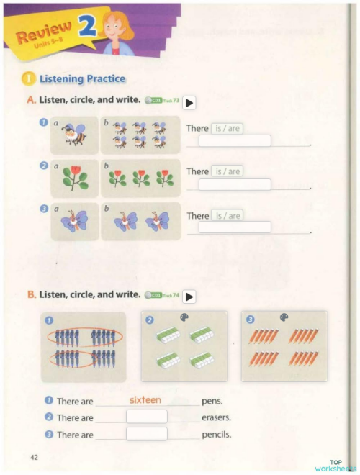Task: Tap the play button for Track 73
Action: tap(189, 103)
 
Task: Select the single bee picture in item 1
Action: tap(74, 134)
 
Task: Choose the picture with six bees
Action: tap(140, 134)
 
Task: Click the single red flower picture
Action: tap(74, 178)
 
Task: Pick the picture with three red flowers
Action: tap(140, 178)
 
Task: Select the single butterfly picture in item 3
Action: tap(74, 221)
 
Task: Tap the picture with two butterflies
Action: tap(140, 221)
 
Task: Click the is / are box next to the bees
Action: tap(227, 128)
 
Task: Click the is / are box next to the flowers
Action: tap(227, 171)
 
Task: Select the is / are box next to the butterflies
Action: tap(227, 215)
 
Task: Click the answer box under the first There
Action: tap(235, 141)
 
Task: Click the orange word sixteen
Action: tap(145, 399)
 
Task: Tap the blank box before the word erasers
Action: tap(146, 417)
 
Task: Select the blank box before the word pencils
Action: tap(146, 434)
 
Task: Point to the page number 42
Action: tap(35, 458)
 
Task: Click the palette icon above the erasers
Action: tap(181, 317)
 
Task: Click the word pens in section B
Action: tap(212, 400)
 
